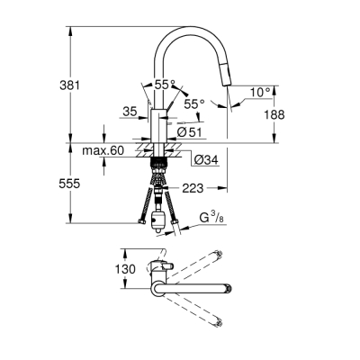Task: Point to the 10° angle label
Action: [x=259, y=91]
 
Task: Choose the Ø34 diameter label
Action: [x=205, y=160]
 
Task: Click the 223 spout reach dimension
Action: [x=192, y=188]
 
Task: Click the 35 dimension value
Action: [x=129, y=112]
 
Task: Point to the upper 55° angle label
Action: [x=164, y=85]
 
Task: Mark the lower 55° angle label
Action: [x=195, y=104]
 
